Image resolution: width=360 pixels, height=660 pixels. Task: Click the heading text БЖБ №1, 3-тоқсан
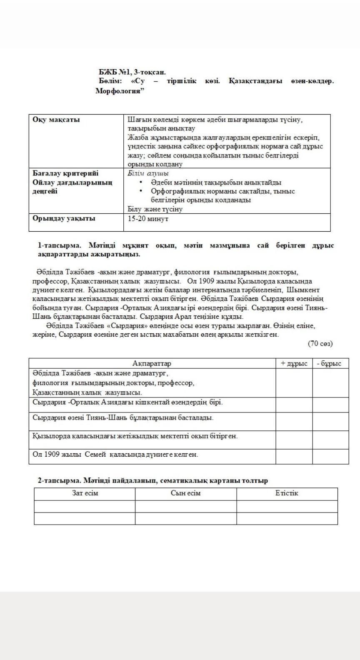132,72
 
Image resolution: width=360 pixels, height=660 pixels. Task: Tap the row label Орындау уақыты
64,218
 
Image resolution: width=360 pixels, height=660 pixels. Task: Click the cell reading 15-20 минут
148,218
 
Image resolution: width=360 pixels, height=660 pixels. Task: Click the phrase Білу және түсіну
155,209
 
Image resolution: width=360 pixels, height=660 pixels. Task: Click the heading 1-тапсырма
60,245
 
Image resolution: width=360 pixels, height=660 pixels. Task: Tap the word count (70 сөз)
320,343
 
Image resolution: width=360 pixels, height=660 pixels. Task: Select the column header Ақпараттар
152,363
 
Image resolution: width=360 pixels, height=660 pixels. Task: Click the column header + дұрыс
294,363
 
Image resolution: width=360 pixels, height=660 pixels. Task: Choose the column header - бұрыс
330,363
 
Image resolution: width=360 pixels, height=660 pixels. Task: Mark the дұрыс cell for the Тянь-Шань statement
294,421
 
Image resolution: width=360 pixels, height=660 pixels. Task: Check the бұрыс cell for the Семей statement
330,456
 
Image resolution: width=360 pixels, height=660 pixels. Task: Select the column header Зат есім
85,493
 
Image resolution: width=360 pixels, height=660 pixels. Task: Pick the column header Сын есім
185,493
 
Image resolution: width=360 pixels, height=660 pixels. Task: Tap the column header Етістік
287,493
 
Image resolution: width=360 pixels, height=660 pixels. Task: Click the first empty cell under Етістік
287,506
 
